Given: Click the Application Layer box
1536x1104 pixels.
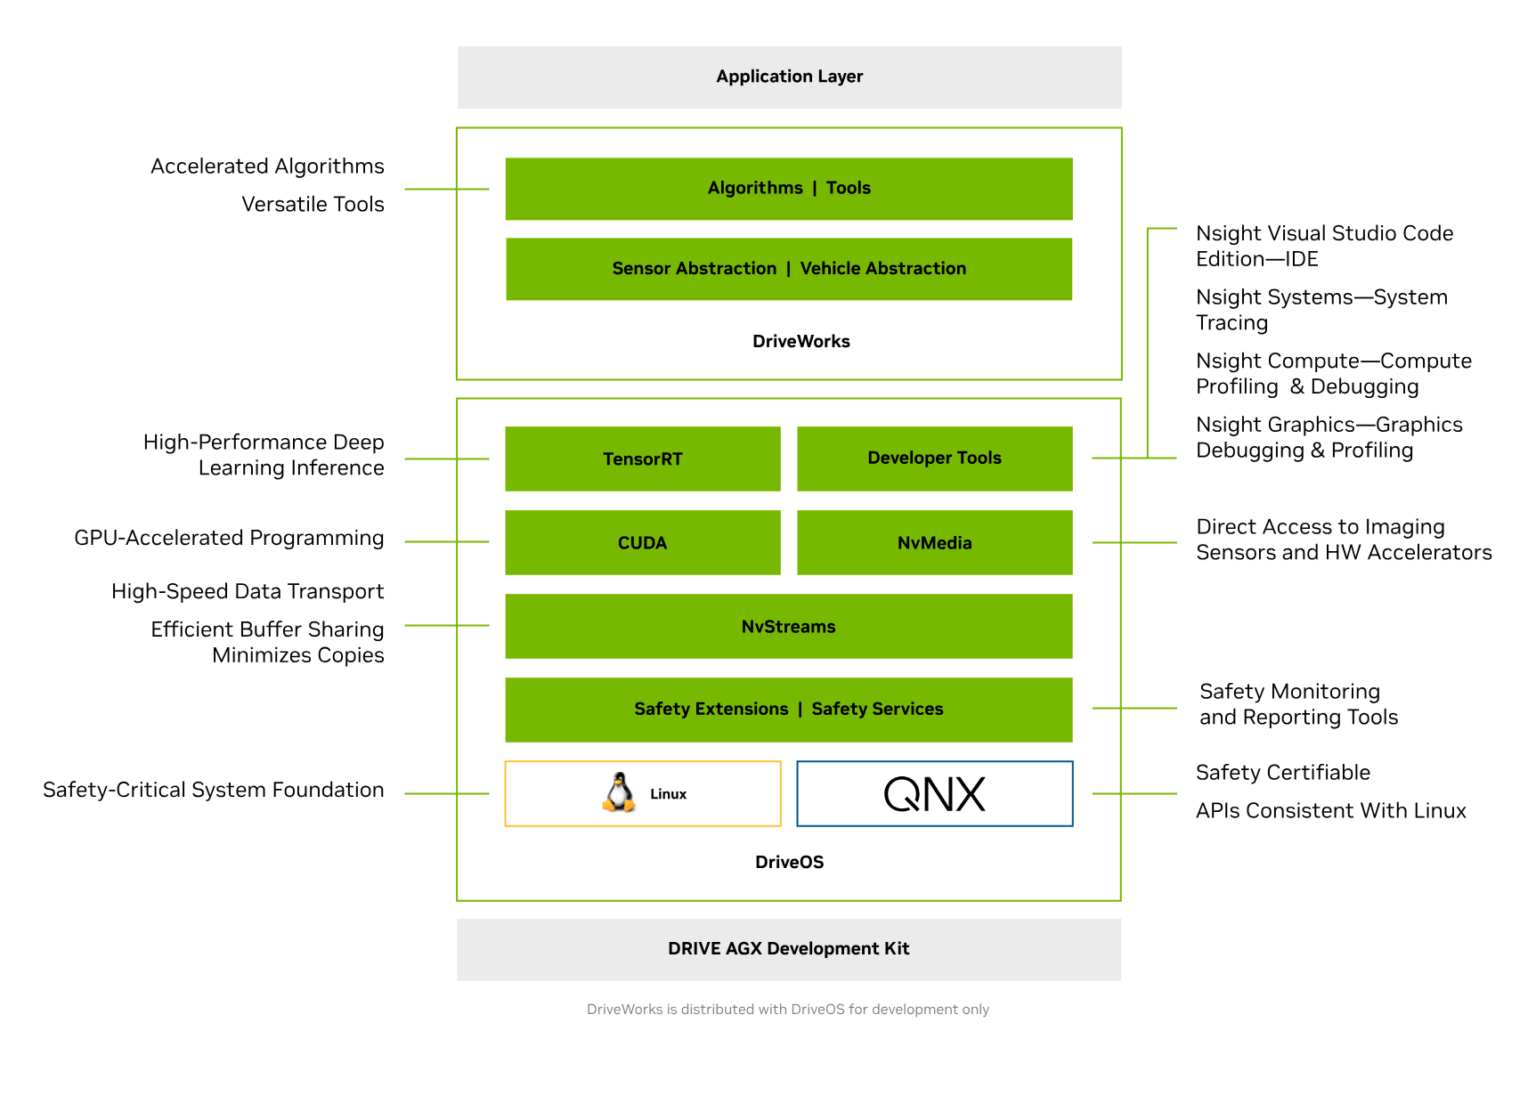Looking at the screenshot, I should pos(789,77).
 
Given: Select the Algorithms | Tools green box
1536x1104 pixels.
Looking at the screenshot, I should pos(789,189).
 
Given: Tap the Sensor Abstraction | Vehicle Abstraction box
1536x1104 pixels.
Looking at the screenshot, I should pos(789,269).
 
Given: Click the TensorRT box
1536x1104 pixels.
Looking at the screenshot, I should pos(642,459).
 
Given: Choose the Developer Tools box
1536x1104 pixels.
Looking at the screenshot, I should pos(934,459).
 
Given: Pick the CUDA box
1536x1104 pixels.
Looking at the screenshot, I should pos(642,543).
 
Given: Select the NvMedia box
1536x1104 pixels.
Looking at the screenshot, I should pos(934,543).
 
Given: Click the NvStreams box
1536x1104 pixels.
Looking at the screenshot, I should pos(789,627).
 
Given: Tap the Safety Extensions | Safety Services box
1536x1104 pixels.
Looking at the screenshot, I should pos(789,710).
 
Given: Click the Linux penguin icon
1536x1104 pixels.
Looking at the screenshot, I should pos(619,792).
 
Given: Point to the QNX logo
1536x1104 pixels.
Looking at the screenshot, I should pos(934,794).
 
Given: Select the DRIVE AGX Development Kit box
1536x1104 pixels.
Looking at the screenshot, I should pos(789,949).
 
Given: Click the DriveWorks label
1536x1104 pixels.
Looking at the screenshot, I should pos(801,342).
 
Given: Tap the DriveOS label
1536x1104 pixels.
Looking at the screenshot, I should pos(789,863).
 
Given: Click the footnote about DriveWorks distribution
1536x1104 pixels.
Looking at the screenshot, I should pos(787,1010).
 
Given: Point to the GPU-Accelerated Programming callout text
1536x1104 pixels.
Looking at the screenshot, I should pos(229,539).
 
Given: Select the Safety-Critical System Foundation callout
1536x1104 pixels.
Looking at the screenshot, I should pos(214,791).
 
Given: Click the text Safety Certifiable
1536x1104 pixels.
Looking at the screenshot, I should pos(1282,773).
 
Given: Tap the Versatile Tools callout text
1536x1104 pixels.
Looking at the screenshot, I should pos(313,205).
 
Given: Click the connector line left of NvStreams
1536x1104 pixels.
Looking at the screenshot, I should pos(446,626).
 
